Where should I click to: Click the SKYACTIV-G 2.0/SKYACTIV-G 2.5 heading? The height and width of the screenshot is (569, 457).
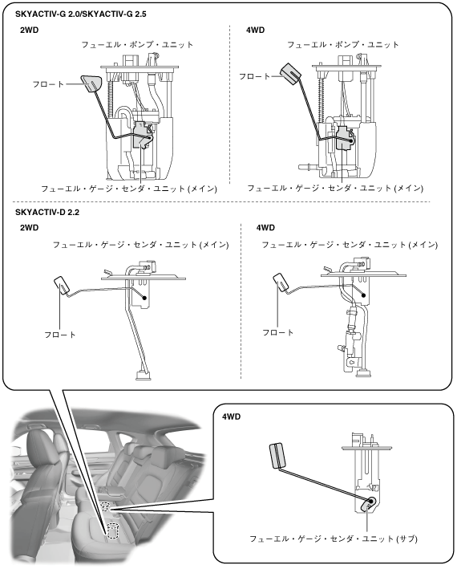coord(81,14)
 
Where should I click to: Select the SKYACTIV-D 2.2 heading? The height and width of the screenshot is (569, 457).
coord(47,212)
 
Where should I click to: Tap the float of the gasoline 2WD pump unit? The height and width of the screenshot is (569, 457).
coord(91,84)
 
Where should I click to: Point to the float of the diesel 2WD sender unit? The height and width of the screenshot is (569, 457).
coord(63,287)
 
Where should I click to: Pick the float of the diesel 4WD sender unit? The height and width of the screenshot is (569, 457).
coord(281,282)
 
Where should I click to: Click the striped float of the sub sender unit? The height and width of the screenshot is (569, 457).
coord(277,455)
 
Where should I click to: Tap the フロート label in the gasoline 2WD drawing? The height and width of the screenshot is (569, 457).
coord(48,84)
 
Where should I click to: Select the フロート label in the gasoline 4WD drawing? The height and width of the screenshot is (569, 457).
coord(254,76)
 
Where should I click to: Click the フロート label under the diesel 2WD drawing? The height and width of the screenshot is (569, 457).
coord(60,334)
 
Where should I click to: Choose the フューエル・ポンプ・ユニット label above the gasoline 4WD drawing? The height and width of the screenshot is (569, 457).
coord(343,45)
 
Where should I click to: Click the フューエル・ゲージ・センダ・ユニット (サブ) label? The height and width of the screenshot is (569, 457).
coord(334,539)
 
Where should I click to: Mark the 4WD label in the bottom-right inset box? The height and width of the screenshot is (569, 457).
coord(231,417)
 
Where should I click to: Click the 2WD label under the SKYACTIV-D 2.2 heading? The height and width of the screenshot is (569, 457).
coord(29,228)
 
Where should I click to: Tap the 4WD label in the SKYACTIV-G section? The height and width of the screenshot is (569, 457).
coord(255,30)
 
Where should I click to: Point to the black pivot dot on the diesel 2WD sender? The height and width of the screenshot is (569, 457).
coord(144,298)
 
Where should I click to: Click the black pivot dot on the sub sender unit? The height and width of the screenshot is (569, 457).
coord(371,501)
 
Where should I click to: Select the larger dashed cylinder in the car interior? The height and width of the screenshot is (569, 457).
coord(113,530)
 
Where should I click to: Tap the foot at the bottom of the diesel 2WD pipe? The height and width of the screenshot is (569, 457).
coord(143,376)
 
